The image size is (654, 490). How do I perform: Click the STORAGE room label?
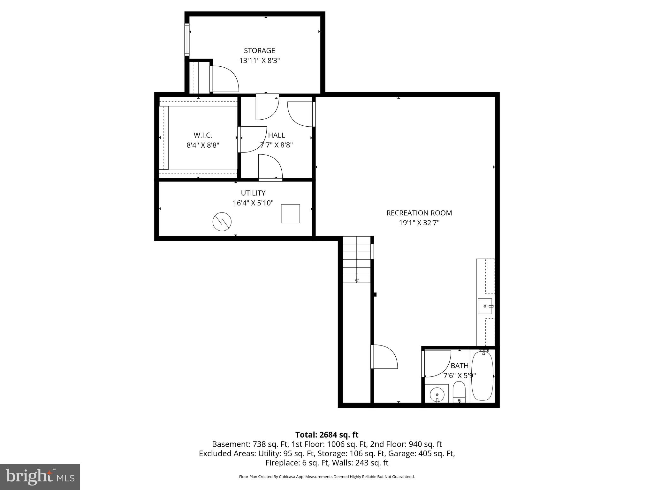[259, 50]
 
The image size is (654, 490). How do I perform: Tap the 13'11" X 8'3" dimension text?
[259, 61]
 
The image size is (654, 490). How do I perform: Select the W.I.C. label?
[203, 135]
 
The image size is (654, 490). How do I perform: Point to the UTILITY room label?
[253, 193]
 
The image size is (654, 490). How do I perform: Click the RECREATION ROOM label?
[419, 213]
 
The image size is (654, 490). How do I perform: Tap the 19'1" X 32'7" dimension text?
[419, 223]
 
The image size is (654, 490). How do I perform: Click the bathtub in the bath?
[482, 376]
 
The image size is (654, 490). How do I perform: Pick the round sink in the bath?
[437, 395]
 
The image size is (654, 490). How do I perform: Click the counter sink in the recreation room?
[485, 306]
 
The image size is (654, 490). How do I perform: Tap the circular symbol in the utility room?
[222, 221]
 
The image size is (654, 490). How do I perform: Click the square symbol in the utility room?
[290, 214]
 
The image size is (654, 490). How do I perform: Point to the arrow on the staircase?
[357, 280]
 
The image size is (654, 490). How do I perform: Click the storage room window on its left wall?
[187, 40]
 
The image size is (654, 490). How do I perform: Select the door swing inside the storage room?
[225, 79]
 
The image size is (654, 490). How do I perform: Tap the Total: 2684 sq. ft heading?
[327, 435]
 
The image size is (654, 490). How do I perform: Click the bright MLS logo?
[40, 477]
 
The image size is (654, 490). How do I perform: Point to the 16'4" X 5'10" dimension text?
[253, 203]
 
